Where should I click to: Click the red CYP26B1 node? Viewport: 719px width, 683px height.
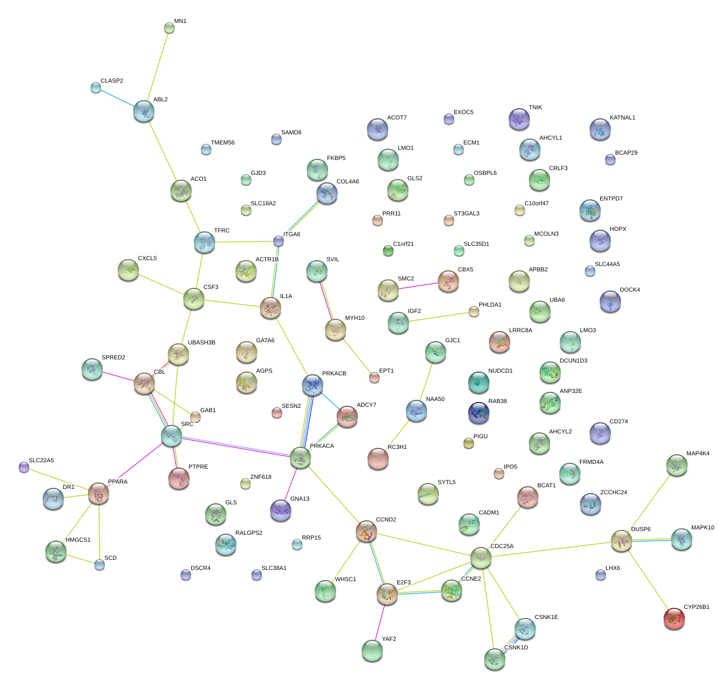tap(674, 618)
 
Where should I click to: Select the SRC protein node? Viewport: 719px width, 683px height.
tap(171, 435)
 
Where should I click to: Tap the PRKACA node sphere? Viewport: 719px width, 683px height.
tap(300, 457)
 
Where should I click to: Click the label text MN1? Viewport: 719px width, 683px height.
tap(181, 21)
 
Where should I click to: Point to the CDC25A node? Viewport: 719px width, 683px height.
tap(481, 558)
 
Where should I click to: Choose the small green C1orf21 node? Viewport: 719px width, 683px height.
tap(388, 251)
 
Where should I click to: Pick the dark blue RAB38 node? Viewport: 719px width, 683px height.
tap(478, 412)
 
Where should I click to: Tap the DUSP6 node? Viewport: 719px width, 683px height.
tap(621, 540)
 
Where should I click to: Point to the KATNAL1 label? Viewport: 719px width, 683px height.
tap(622, 118)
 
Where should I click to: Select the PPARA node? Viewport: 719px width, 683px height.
tap(99, 493)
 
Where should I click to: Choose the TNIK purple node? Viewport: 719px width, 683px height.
tap(519, 118)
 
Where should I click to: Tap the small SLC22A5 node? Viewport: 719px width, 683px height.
tap(23, 467)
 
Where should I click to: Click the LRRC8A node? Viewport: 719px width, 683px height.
tap(500, 342)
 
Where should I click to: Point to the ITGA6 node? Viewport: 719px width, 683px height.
tap(279, 242)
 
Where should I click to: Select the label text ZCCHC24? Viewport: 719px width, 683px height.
tap(614, 493)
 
